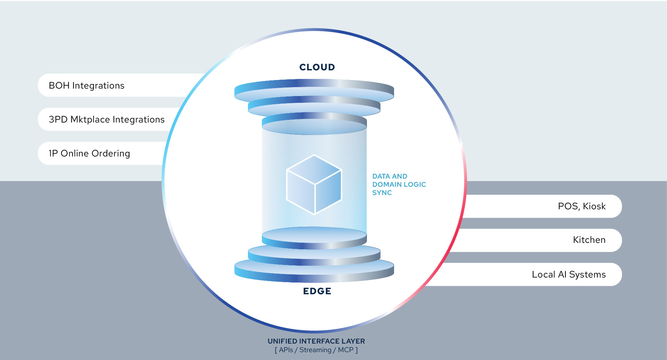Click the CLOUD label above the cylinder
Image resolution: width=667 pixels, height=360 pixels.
pos(317,67)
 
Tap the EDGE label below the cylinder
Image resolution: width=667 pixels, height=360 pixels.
pos(317,291)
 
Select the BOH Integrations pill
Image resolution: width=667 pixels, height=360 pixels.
pos(86,85)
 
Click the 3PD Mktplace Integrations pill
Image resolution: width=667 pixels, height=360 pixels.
pos(106,119)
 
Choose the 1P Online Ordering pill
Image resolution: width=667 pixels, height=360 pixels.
pos(89,153)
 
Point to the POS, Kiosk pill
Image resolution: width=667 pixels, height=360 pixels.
pos(582,206)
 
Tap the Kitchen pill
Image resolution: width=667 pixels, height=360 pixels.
pos(589,240)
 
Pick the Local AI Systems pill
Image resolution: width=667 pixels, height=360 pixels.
pos(569,274)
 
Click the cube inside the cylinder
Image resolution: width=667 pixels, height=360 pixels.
pos(314,184)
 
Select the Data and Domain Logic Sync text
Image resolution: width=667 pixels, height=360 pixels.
pos(399,184)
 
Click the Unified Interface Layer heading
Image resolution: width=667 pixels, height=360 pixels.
pos(316,341)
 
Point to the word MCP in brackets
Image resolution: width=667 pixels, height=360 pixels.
pos(345,350)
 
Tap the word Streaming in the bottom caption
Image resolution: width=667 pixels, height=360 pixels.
pos(315,350)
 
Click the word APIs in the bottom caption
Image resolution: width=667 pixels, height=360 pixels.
pos(286,350)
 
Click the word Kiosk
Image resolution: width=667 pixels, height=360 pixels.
pos(594,206)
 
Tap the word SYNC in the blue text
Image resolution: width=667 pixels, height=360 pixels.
pos(382,193)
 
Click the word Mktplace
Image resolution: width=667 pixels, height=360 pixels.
pos(90,119)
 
